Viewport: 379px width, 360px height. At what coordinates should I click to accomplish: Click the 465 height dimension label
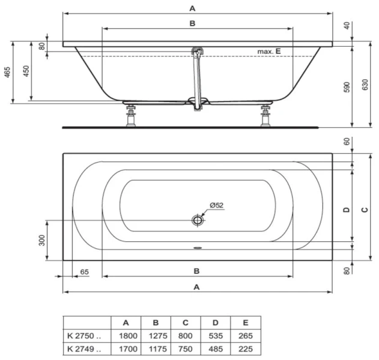7,73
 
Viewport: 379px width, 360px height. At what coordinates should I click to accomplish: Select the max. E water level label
269,52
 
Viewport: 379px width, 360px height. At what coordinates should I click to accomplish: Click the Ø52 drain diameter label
216,205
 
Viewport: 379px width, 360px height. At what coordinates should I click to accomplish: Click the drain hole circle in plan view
198,220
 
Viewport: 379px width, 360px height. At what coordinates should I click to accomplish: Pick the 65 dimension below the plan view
84,272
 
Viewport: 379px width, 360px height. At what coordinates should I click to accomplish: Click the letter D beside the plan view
346,209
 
